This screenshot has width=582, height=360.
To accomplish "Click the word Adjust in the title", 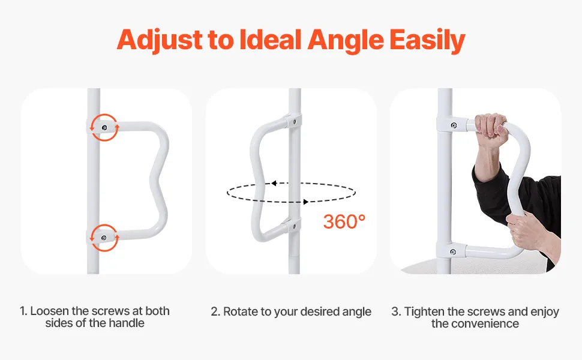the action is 160,40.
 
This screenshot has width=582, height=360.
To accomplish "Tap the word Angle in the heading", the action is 345,40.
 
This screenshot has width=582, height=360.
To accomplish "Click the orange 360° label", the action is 344,221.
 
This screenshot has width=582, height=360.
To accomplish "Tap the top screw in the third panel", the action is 453,125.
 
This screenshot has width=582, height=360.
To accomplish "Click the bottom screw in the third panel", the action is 453,252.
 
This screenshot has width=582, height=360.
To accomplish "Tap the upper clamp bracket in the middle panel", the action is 293,121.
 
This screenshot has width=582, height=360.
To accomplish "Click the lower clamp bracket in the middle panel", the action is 293,225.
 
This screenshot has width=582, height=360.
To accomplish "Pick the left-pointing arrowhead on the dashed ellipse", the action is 274,184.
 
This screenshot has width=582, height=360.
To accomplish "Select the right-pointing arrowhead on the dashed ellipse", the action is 306,202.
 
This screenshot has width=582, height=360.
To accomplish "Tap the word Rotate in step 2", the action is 239,312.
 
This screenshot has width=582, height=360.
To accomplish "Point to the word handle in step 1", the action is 126,323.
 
